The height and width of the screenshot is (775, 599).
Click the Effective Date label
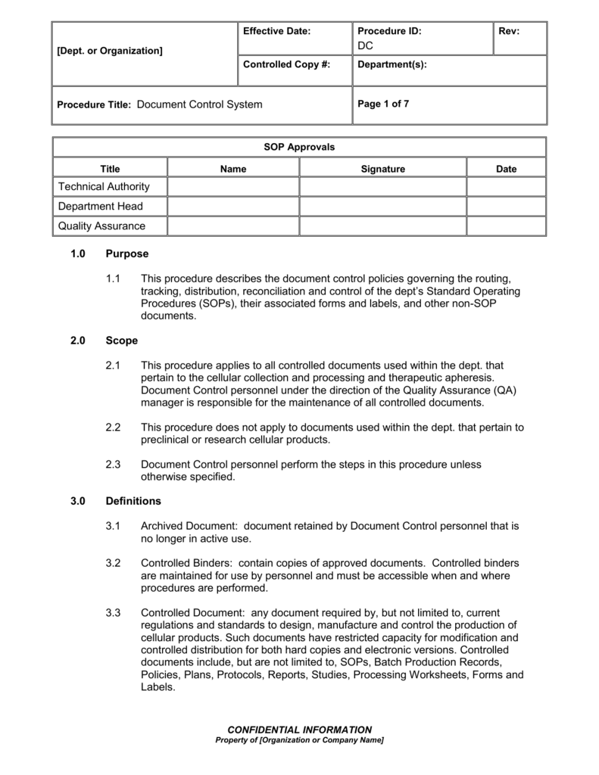point(277,31)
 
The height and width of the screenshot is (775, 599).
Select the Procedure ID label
point(389,31)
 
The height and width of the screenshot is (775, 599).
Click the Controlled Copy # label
point(286,65)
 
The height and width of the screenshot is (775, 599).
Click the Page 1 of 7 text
point(383,104)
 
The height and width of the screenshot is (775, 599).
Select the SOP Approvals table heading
point(298,147)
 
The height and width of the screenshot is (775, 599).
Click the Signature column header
point(382,169)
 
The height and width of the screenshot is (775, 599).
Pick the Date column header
point(506,169)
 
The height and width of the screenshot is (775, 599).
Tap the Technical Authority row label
point(104,187)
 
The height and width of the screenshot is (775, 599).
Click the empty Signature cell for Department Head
point(382,206)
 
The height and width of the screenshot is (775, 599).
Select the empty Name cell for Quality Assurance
point(232,226)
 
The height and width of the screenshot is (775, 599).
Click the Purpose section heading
point(127,254)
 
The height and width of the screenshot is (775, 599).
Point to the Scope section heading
point(122,341)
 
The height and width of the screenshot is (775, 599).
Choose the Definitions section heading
point(133,500)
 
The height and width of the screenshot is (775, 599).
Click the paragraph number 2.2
point(114,428)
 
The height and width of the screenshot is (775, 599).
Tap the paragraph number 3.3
point(114,612)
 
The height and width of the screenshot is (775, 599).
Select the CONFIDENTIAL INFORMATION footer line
point(299,730)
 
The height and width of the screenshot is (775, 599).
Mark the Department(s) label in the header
point(392,65)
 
